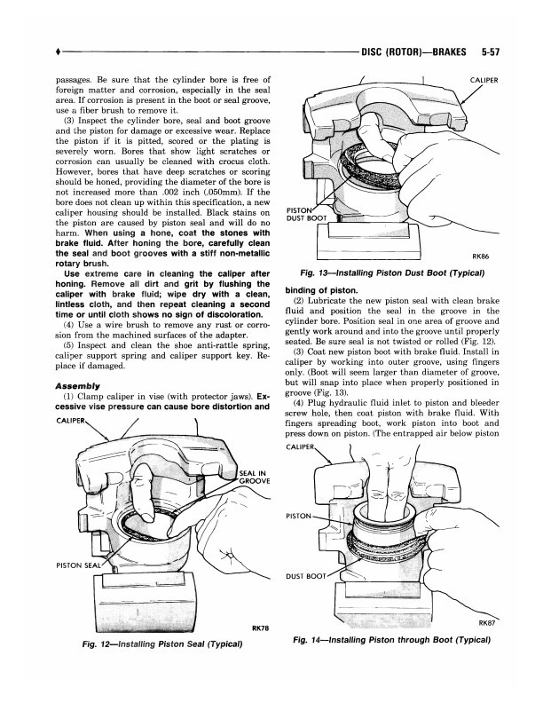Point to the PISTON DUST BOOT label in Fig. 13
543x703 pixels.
click(307, 215)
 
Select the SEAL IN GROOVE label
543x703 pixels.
click(255, 476)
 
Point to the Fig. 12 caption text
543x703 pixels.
click(161, 643)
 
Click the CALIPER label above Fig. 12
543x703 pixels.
click(75, 420)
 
